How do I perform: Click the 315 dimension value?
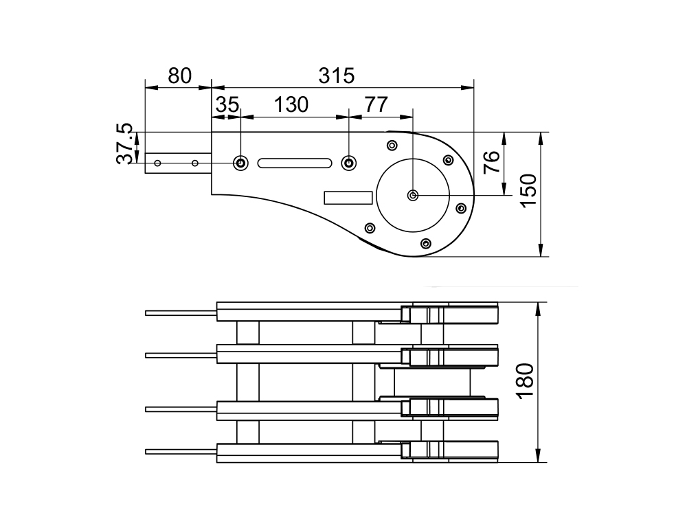[x=337, y=76]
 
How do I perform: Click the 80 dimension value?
[x=179, y=76]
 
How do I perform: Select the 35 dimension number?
[x=227, y=105]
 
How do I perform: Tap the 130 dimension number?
[x=291, y=105]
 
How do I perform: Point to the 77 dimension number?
[x=376, y=105]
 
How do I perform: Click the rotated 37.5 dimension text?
[x=124, y=144]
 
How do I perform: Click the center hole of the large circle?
[x=412, y=196]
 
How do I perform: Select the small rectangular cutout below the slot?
[x=348, y=198]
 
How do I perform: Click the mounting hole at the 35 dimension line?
[x=241, y=163]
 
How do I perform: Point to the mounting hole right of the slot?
[x=349, y=163]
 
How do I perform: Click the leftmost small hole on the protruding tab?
[x=158, y=163]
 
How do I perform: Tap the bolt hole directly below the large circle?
[x=426, y=243]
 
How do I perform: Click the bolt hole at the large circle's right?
[x=461, y=206]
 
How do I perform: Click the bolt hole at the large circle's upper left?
[x=392, y=145]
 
